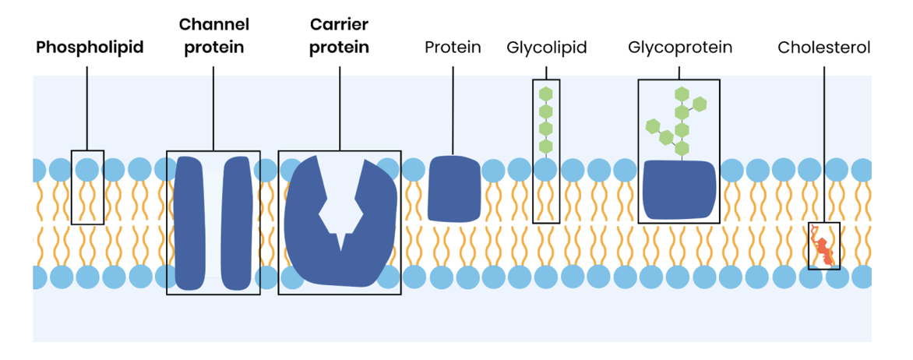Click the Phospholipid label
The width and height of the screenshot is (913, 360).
[90, 48]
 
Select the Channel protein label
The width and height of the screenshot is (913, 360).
[213, 37]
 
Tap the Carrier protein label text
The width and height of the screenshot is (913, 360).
[339, 37]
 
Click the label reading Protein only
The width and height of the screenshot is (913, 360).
[453, 48]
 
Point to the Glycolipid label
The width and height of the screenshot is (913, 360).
[546, 48]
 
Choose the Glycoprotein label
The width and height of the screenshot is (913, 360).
[679, 48]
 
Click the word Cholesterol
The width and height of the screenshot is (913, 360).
[823, 48]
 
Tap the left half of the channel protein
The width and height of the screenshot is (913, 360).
[190, 223]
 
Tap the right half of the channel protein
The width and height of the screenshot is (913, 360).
[238, 223]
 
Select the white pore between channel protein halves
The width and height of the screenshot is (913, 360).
[214, 223]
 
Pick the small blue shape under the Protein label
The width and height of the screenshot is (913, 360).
[454, 187]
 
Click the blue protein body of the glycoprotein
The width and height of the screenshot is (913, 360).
[679, 190]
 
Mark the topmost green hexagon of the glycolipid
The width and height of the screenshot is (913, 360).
[546, 93]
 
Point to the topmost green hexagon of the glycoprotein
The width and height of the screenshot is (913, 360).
[682, 94]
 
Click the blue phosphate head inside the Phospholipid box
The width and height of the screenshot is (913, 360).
[87, 168]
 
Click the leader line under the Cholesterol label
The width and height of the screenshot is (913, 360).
[823, 140]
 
